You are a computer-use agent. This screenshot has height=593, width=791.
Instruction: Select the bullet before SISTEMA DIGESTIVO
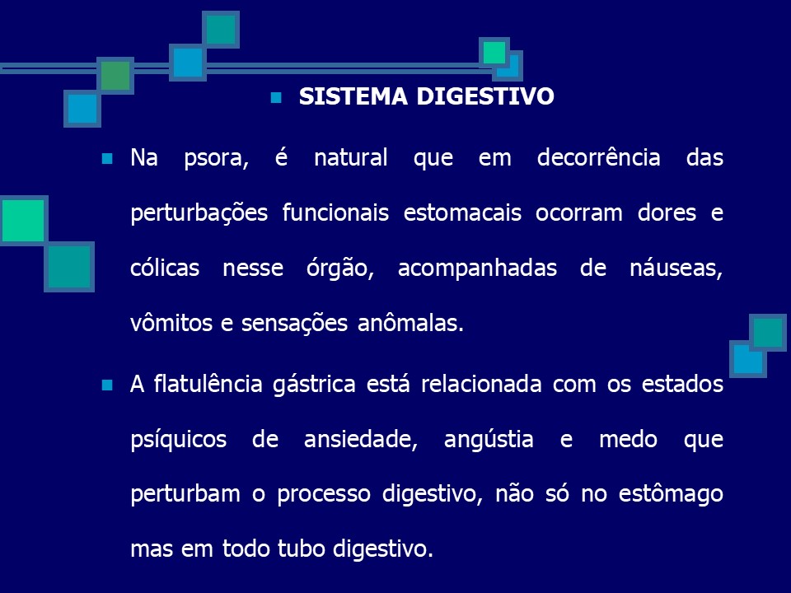pyautogui.click(x=277, y=97)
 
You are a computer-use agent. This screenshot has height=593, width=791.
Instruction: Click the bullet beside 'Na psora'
pyautogui.click(x=106, y=158)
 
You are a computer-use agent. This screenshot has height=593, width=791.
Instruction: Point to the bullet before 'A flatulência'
pyautogui.click(x=106, y=385)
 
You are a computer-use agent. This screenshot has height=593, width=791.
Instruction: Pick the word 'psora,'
pyautogui.click(x=217, y=158)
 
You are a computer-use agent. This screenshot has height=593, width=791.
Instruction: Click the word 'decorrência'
pyautogui.click(x=598, y=158)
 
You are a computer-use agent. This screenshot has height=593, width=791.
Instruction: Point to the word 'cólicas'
pyautogui.click(x=165, y=268)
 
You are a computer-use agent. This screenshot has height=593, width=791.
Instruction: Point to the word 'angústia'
pyautogui.click(x=488, y=440)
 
